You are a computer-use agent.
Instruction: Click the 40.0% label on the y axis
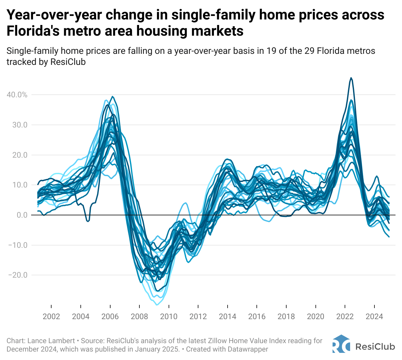pyautogui.click(x=17, y=95)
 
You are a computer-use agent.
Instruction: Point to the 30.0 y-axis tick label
pyautogui.click(x=20, y=125)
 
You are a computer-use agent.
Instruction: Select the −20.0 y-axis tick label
pyautogui.click(x=18, y=275)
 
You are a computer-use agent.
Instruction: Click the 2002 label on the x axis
pyautogui.click(x=51, y=316)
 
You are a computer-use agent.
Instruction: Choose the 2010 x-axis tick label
pyautogui.click(x=169, y=316)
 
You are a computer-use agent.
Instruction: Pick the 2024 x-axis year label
pyautogui.click(x=374, y=316)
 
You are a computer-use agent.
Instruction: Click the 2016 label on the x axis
pyautogui.click(x=257, y=316)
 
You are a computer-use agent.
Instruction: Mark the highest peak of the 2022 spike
pyautogui.click(x=351, y=78)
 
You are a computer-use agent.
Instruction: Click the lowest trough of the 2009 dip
pyautogui.click(x=157, y=305)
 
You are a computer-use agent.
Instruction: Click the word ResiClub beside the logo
pyautogui.click(x=375, y=346)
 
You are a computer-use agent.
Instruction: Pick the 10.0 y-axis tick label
pyautogui.click(x=20, y=185)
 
